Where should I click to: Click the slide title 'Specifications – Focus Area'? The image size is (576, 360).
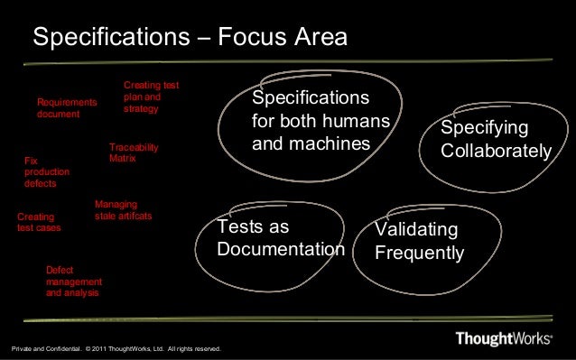pyautogui.click(x=190, y=39)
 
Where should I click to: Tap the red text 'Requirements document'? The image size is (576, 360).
pyautogui.click(x=66, y=108)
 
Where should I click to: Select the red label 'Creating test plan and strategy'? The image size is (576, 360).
pyautogui.click(x=150, y=97)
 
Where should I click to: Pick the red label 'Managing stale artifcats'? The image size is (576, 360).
pyautogui.click(x=123, y=211)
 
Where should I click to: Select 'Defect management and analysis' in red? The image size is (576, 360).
pyautogui.click(x=73, y=282)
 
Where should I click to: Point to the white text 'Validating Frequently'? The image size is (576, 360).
pyautogui.click(x=419, y=241)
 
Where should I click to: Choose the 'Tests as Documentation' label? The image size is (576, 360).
pyautogui.click(x=281, y=237)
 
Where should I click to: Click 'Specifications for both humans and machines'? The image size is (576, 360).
pyautogui.click(x=320, y=120)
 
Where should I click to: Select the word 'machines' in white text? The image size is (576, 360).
pyautogui.click(x=338, y=143)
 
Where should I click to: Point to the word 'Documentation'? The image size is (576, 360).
pyautogui.click(x=281, y=248)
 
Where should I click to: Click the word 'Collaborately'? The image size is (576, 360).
pyautogui.click(x=495, y=152)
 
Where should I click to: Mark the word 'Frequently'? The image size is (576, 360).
pyautogui.click(x=419, y=253)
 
